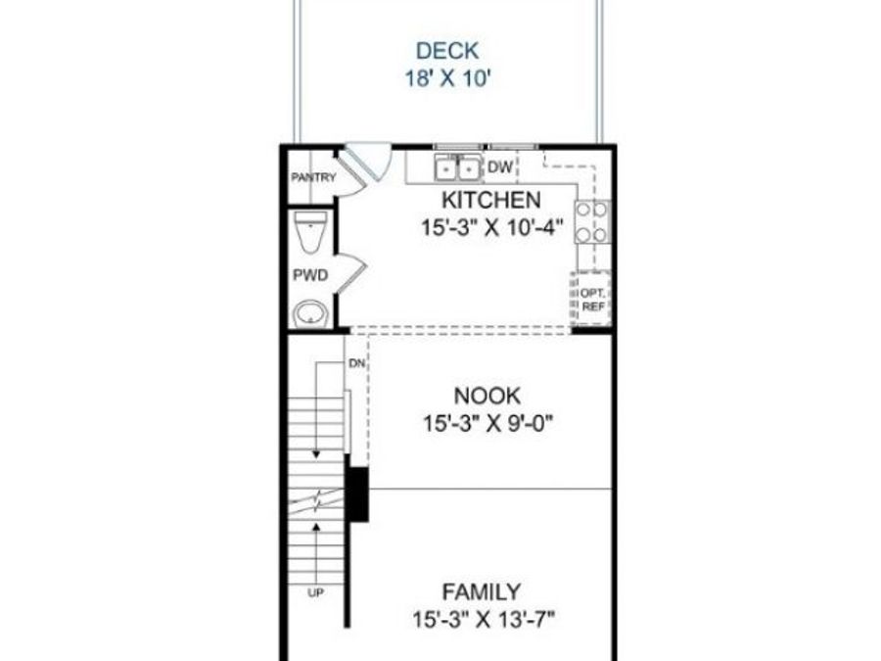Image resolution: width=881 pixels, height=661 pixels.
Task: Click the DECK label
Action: tap(447, 51)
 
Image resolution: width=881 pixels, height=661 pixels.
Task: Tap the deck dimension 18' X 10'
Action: tap(448, 78)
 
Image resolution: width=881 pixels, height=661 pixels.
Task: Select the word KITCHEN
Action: tap(491, 200)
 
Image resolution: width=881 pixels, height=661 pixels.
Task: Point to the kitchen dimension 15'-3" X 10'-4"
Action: tap(492, 227)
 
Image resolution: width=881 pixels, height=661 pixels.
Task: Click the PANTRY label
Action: tap(313, 177)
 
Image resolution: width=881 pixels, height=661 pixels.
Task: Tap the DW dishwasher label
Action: tap(500, 166)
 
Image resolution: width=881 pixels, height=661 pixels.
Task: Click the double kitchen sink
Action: tap(458, 167)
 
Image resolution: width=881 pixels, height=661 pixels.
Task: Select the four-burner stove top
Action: tap(592, 221)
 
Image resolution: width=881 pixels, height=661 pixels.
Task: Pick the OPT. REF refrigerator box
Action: tap(591, 299)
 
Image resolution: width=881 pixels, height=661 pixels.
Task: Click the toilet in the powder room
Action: tap(310, 231)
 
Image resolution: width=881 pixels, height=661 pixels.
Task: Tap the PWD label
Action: tap(310, 275)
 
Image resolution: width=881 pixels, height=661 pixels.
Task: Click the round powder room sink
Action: tap(310, 313)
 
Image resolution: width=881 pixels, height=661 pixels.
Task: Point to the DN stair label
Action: tap(356, 363)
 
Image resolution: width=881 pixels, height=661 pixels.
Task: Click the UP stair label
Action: tap(316, 592)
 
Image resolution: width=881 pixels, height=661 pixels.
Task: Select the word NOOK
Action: tap(487, 397)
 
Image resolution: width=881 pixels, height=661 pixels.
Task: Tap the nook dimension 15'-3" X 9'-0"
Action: tap(488, 423)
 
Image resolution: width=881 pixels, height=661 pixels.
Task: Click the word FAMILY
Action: tap(482, 591)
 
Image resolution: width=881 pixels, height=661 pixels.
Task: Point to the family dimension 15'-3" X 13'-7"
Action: tap(484, 620)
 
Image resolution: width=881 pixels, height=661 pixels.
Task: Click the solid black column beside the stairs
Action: tap(356, 495)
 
